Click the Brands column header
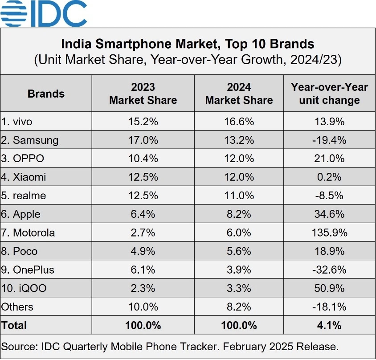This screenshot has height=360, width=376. [46, 94]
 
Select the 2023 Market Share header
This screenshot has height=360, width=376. [143, 94]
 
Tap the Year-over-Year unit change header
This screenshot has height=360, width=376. [329, 94]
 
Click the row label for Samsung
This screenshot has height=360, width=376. [30, 140]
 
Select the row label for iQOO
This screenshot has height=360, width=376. [25, 289]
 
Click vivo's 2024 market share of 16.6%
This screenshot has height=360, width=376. [239, 122]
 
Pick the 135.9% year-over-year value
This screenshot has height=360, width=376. [329, 233]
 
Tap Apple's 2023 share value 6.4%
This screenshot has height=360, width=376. [143, 214]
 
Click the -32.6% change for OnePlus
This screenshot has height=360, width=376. [329, 270]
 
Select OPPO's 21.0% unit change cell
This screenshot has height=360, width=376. [329, 159]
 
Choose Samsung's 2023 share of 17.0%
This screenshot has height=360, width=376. [143, 140]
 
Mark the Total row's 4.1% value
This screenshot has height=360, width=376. [329, 326]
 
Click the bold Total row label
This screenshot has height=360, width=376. [14, 326]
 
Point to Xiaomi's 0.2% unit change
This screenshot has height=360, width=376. [329, 177]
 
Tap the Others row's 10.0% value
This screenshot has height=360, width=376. [143, 307]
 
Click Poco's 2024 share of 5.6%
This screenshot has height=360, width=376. [239, 251]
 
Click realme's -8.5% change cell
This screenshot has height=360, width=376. [329, 196]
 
